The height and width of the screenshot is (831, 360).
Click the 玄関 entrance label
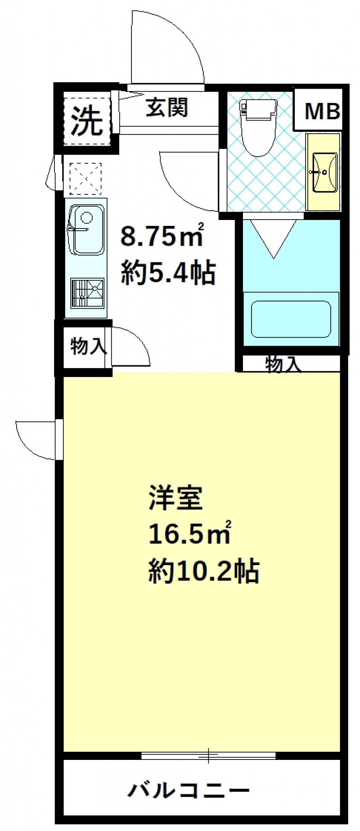[x=166, y=108]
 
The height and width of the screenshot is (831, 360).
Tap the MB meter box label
[x=322, y=111]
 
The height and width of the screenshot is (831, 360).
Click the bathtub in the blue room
[x=291, y=319]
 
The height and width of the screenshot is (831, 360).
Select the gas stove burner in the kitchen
[x=87, y=292]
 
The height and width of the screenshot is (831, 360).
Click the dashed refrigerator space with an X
[x=85, y=179]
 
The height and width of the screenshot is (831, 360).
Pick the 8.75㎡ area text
[x=162, y=237]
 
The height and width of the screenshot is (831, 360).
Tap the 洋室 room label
[x=176, y=499]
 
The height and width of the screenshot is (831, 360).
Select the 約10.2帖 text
[x=204, y=571]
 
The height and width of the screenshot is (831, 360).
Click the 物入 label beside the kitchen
[x=88, y=346]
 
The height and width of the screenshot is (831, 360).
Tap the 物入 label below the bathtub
[x=283, y=364]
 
